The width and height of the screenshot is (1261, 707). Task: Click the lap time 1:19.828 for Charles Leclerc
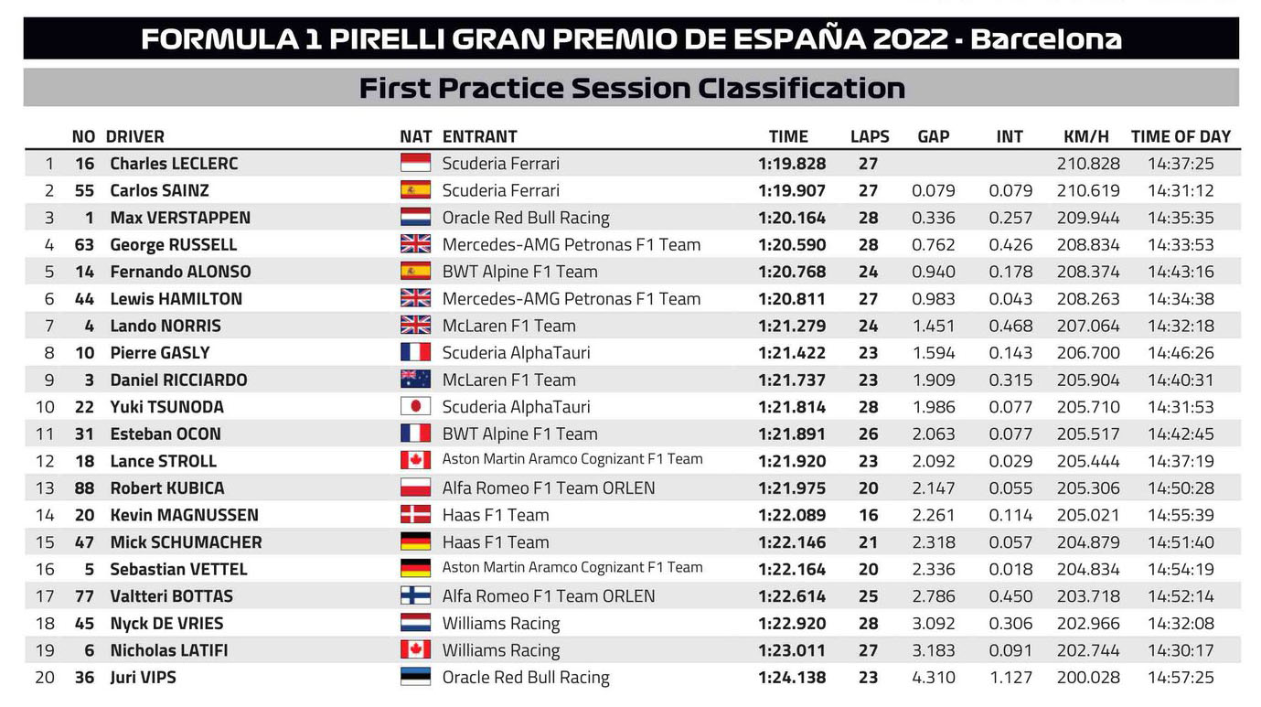792,163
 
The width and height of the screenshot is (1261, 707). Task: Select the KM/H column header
1086,136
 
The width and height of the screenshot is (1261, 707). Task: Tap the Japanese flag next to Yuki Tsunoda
415,406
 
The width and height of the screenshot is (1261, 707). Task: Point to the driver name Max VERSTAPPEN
180,218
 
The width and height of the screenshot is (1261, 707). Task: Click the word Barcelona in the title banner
1046,38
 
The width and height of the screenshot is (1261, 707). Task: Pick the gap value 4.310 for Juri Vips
934,677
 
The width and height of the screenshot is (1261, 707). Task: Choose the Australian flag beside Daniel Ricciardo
415,380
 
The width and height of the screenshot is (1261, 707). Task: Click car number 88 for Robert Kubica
84,488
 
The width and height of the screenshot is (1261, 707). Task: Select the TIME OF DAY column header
1181,136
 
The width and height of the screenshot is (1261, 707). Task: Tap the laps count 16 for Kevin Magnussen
868,515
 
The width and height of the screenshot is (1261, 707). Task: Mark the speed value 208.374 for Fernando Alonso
1088,272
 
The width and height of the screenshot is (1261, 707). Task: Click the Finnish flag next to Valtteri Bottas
415,595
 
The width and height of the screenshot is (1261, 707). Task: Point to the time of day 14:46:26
1181,352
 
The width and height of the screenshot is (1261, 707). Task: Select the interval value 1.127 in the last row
1010,677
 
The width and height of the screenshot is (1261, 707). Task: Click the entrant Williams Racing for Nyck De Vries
501,623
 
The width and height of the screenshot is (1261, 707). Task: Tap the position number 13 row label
45,488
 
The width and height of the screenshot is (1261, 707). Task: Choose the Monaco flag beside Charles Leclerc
415,163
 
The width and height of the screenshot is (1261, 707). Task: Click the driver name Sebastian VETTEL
178,569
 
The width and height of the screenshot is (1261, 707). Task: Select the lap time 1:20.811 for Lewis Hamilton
792,298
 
